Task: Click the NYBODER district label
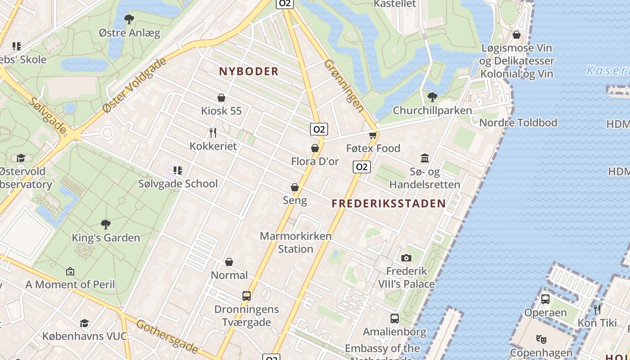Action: click(249, 71)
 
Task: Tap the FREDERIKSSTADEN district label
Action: click(389, 203)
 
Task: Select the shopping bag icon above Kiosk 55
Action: click(221, 98)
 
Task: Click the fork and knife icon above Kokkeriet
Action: click(213, 133)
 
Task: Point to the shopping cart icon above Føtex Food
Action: click(373, 135)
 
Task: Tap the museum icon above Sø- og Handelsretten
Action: click(425, 158)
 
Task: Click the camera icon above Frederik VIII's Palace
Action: click(406, 258)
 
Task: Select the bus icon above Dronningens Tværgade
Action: click(247, 296)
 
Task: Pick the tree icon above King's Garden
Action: click(106, 224)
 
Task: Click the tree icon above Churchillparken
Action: click(432, 97)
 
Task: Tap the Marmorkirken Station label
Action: click(296, 242)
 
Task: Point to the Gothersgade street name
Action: click(167, 336)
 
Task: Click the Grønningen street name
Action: click(344, 85)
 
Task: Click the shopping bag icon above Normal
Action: click(229, 262)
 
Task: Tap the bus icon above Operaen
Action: click(545, 299)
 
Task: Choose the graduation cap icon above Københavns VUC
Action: click(84, 323)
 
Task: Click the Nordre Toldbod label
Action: click(518, 122)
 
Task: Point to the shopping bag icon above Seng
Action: click(295, 187)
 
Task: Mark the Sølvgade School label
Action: click(178, 184)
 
